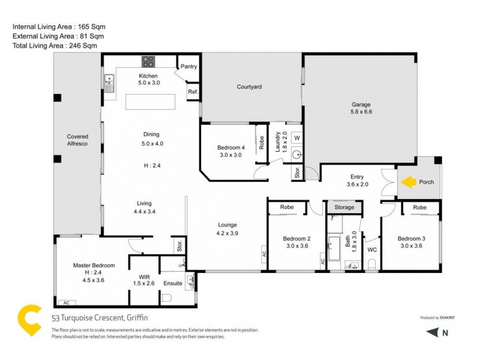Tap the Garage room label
point(361,104)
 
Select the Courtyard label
point(249,87)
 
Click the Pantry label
point(189,67)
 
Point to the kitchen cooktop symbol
point(148,62)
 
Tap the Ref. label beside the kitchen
point(193,92)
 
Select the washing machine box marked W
point(296,138)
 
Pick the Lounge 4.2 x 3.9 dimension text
point(227,233)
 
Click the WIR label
point(144,277)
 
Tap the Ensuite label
point(173,283)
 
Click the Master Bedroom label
point(94,265)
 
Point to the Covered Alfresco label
point(77,140)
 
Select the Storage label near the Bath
point(344,208)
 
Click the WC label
point(371,249)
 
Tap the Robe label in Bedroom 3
point(420,208)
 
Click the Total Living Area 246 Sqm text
point(55,46)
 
